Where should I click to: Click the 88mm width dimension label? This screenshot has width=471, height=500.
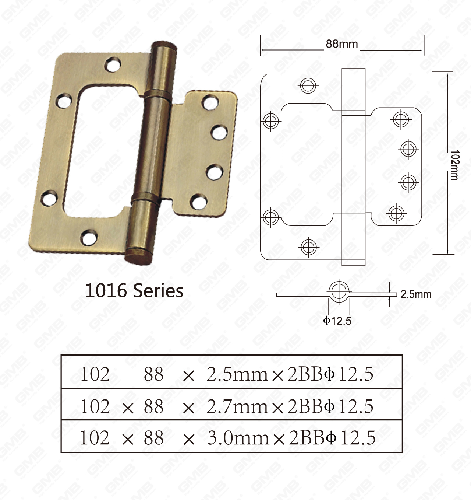pos(341,44)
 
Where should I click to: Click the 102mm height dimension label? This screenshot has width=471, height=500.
pos(454,165)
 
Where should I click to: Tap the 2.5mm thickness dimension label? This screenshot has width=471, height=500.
pos(415,294)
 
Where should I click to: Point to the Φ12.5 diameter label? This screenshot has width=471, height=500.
pos(337,321)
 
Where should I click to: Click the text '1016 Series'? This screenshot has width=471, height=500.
pos(134,291)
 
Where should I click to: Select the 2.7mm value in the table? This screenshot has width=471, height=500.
pos(237,406)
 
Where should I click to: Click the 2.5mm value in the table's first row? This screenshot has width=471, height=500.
pos(237,374)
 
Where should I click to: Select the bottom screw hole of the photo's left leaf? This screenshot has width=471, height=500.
pos(89,237)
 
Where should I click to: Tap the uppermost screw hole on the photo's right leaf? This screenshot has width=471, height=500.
pos(210,102)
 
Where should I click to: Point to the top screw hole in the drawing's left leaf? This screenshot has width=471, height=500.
pos(308,85)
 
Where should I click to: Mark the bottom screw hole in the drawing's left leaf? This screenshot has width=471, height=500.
pos(308,246)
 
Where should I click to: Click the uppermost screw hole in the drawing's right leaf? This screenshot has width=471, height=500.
pos(402,119)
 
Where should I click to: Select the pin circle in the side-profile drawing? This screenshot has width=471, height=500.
pos(338,291)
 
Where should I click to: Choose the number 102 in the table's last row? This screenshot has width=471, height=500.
pos(95,438)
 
